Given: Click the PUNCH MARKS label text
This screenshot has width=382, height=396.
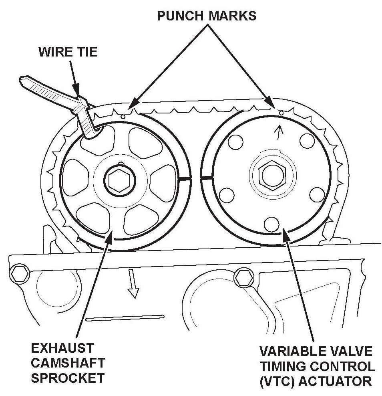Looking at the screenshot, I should click(x=206, y=16).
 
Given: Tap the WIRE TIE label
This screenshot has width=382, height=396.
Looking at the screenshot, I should click(x=68, y=52).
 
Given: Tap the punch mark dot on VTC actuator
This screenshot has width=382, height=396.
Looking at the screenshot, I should click(x=281, y=113).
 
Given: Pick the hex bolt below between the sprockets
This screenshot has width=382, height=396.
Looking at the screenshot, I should click(x=242, y=276).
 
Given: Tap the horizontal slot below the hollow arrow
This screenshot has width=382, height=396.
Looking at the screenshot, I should click(x=125, y=318).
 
